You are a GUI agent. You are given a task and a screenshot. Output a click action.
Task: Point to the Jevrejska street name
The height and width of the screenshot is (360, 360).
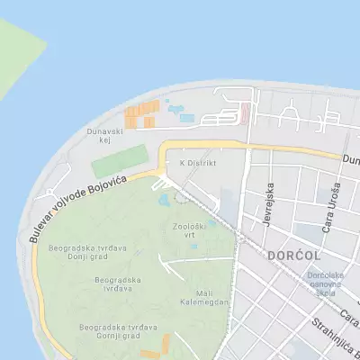tap(267, 205)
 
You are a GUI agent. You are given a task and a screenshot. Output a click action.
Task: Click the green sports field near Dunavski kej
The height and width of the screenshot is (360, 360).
tap(119, 162)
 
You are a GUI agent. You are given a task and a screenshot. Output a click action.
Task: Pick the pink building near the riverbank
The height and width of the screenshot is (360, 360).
tap(246, 112)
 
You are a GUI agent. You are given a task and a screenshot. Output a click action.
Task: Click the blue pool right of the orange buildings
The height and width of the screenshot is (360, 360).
tap(186, 117)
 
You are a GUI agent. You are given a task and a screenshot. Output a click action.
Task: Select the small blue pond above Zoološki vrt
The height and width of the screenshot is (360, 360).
tap(163, 201)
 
